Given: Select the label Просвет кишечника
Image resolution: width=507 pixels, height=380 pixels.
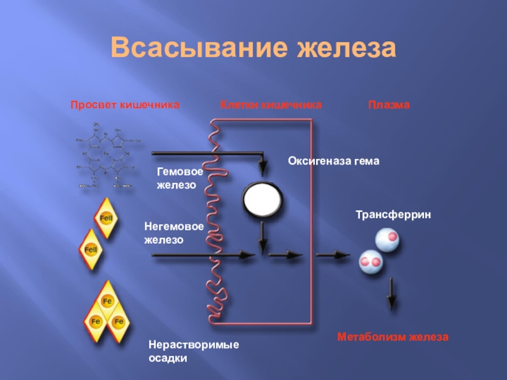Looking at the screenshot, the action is tap(125, 104).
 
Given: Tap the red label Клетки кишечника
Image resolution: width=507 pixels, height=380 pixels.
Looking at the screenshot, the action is tap(271, 104).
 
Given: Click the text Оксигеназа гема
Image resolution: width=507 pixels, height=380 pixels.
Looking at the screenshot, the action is tap(333, 161).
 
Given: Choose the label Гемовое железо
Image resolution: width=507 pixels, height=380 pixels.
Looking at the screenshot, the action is tap(180, 179).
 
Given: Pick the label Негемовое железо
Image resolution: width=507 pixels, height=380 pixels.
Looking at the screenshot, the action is tap(173, 233).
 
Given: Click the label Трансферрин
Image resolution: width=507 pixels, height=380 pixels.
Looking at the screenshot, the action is tap(393, 216).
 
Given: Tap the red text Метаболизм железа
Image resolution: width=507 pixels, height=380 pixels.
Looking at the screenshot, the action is tap(392, 337).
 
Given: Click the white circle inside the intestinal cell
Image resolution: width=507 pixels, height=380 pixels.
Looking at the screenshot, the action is tap(262, 201).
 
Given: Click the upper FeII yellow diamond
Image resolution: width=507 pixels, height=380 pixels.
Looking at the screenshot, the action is tap(106, 219).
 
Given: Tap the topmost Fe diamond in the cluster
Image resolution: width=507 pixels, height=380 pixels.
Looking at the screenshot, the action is tap(107, 301).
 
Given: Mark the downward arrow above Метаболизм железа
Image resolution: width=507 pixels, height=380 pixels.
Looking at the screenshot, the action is tap(392, 293).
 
